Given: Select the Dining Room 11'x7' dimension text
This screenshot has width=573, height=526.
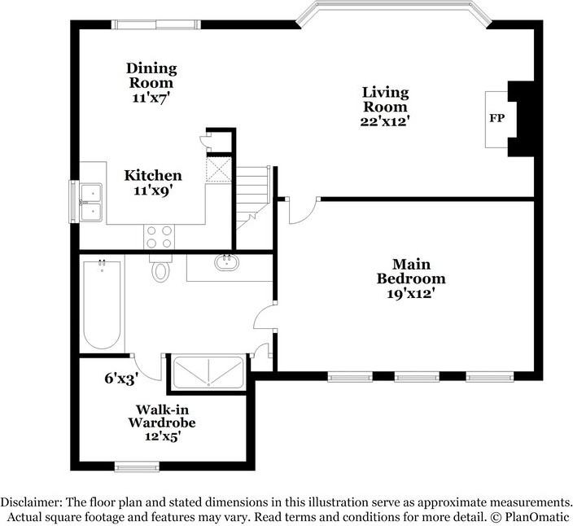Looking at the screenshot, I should tap(151, 97).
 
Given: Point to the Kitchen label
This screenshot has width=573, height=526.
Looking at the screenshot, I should tap(153, 175).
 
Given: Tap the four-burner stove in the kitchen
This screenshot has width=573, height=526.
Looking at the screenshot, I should tap(160, 236).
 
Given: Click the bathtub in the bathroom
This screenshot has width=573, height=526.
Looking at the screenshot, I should tap(103, 304).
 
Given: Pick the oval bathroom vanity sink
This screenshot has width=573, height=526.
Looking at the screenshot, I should tap(225, 263).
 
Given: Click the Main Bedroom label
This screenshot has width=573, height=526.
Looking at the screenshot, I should tap(410, 271).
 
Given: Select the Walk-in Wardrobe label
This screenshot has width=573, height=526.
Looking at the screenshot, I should tap(161, 416).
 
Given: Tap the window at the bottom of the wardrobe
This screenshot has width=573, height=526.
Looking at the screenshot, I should tap(137, 467).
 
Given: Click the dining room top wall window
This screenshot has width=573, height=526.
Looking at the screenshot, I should tap(156, 24).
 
